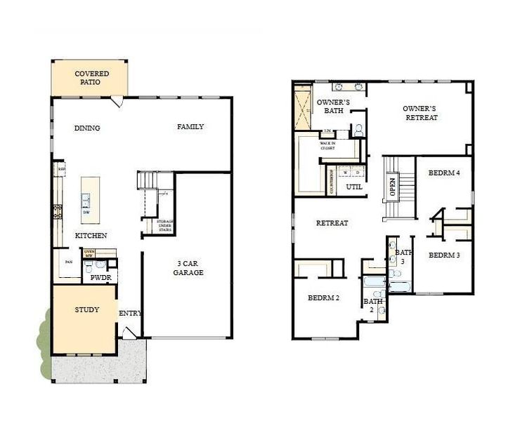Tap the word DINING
click(87, 128)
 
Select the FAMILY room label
click(190, 127)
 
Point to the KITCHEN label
click(91, 236)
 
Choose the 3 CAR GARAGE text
click(188, 268)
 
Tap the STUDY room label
click(87, 309)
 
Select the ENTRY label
click(130, 313)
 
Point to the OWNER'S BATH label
click(333, 106)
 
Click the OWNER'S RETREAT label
click(421, 113)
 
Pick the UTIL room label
click(354, 187)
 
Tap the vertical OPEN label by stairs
click(393, 187)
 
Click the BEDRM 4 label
click(444, 173)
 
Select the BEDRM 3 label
click(444, 255)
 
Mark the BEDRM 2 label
click(323, 298)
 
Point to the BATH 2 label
click(373, 305)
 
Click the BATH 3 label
click(403, 256)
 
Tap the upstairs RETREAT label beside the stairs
click(332, 223)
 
